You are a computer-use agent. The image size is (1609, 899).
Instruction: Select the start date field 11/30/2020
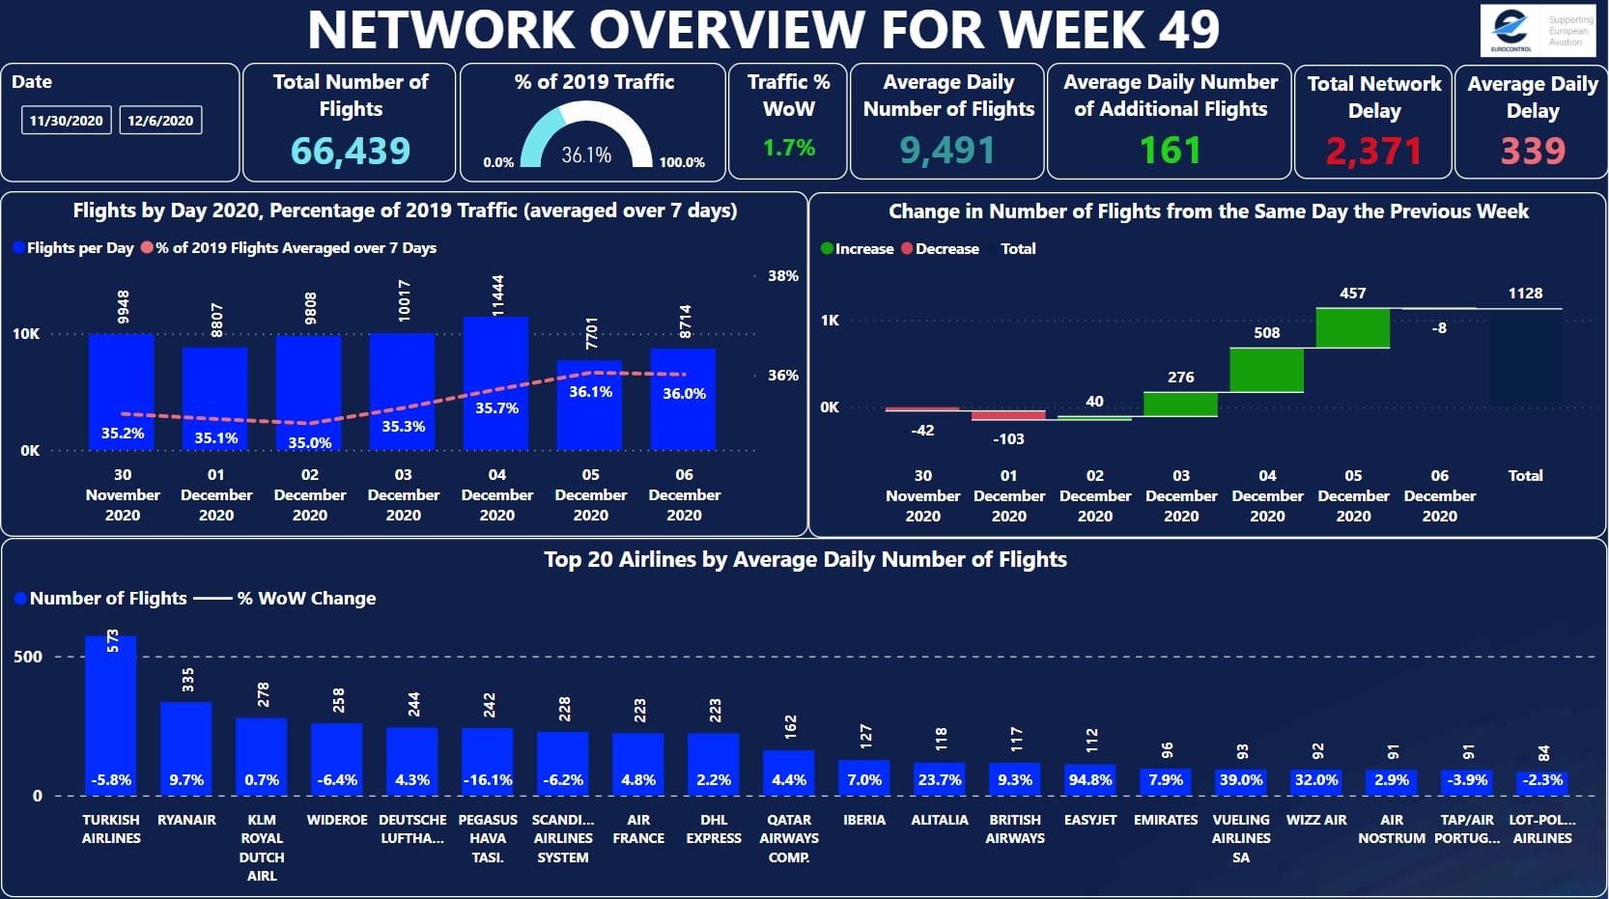coord(66,121)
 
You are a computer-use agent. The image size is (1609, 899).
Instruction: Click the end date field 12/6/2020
coord(160,121)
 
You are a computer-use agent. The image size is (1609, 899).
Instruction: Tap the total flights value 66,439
coord(351,151)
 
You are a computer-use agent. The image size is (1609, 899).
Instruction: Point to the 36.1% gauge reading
coord(586,155)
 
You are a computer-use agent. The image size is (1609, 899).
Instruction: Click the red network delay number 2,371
coord(1373,151)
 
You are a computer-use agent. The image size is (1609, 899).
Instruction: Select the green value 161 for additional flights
coord(1170,150)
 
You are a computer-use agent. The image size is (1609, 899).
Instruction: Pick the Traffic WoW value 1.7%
coord(789,148)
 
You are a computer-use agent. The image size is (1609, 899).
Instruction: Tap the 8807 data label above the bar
coord(216,320)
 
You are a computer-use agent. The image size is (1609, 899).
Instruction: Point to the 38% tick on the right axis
coord(783,276)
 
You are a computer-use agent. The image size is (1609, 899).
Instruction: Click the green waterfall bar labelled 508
coord(1266,370)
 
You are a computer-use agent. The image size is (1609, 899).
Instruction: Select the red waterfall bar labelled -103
coord(1008,415)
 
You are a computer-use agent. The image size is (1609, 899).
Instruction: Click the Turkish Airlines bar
coord(111,715)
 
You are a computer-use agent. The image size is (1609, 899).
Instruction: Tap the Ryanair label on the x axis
coord(186,820)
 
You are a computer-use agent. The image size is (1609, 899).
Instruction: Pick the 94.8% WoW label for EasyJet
coord(1090,779)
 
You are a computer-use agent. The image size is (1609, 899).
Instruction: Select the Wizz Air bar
coord(1316,782)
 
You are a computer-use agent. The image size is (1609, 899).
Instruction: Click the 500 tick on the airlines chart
coord(28,657)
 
